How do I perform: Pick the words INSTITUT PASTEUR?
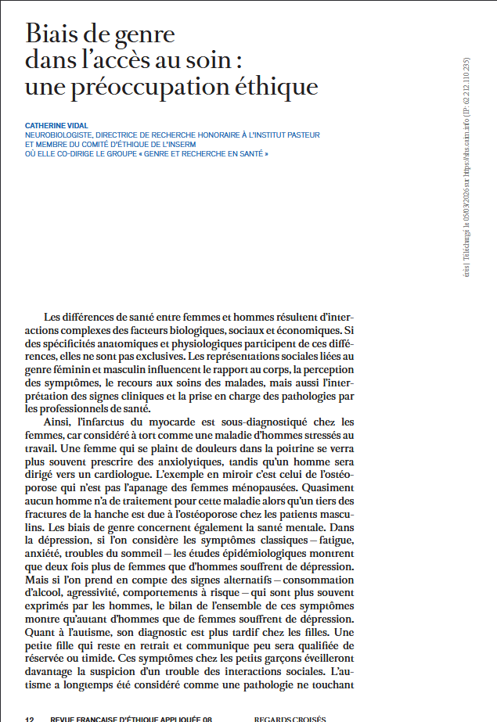click(286, 135)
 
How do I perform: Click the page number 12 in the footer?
click(30, 718)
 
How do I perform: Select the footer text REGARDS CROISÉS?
click(290, 718)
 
